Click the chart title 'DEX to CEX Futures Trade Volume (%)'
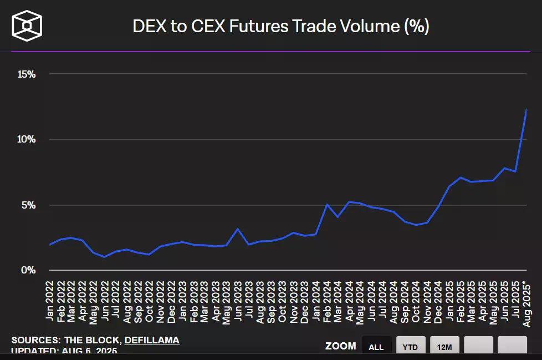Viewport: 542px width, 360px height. [281, 26]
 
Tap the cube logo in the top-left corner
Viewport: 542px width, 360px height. [27, 26]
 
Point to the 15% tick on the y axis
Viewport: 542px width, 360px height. [26, 74]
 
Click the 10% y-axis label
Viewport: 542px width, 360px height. [26, 139]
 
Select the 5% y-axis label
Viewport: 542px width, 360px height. [28, 205]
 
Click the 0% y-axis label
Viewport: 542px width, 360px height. [28, 270]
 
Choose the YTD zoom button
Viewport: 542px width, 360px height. [410, 347]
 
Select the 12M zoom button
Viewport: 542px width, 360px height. [444, 347]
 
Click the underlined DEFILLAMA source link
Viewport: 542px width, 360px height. [151, 340]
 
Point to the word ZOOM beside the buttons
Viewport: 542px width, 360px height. [340, 346]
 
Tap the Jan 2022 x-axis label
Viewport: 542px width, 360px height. [50, 300]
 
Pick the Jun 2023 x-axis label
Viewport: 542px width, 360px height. [237, 300]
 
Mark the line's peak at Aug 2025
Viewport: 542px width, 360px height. [526, 109]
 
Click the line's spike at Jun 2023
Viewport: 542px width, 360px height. [237, 229]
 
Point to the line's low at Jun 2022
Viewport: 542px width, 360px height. [104, 257]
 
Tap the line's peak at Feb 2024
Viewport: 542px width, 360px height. [327, 204]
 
